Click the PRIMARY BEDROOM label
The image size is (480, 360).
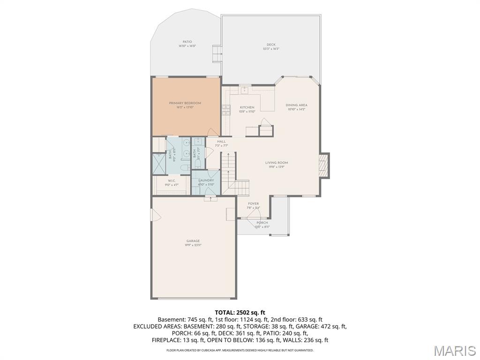(185, 103)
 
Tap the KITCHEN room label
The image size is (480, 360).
(247, 107)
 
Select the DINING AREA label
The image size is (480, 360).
(297, 105)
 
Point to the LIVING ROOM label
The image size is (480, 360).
(277, 163)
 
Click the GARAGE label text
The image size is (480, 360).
(193, 241)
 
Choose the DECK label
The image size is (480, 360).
(271, 45)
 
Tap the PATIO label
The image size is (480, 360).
(187, 42)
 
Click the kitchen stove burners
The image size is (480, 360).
(226, 110)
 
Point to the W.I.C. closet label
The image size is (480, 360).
(171, 181)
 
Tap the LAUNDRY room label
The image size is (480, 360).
(206, 180)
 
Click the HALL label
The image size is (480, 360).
(221, 142)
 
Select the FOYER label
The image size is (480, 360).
(253, 204)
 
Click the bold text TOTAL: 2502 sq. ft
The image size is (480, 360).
(240, 312)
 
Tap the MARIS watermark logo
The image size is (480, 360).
(455, 350)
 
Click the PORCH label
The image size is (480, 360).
(262, 223)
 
